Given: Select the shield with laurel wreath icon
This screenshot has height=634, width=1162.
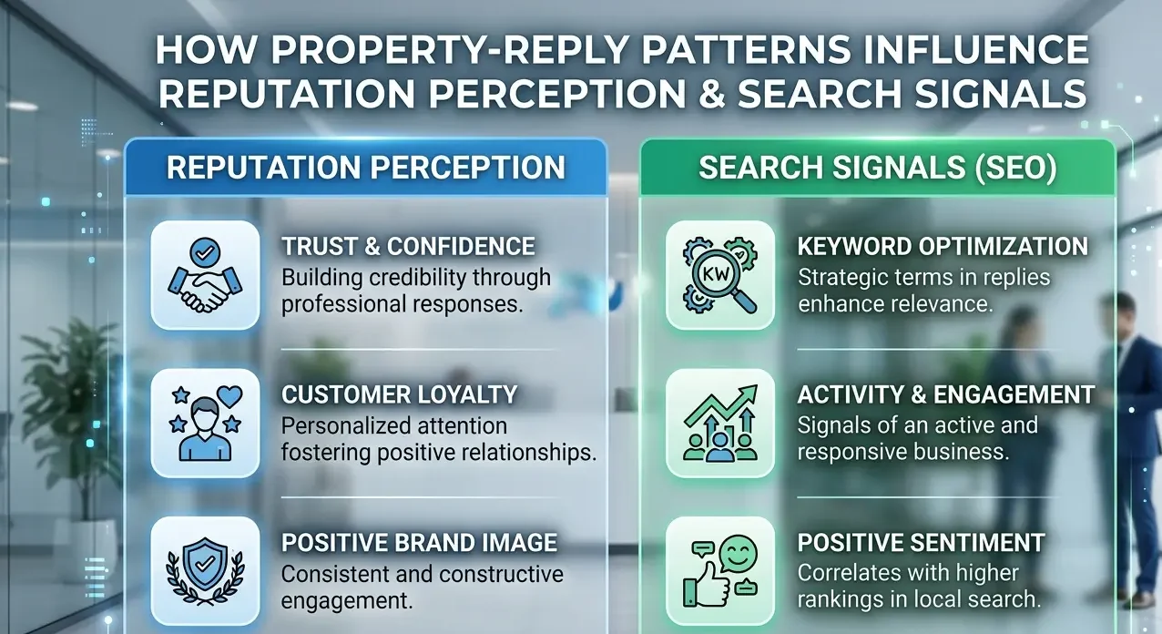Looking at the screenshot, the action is (x=205, y=571).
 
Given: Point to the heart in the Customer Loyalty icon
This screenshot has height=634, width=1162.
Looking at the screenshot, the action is (x=229, y=396).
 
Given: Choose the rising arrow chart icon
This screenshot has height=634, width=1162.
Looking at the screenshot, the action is (x=720, y=424).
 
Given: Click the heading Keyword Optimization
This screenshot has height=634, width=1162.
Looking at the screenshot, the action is (x=943, y=247).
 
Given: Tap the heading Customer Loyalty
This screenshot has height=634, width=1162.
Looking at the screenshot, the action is (x=399, y=394).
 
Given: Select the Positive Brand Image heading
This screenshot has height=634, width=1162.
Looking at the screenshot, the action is (x=419, y=543).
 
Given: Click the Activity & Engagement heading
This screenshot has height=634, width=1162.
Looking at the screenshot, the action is (x=945, y=394).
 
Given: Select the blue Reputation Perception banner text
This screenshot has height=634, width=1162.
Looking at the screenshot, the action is (x=366, y=168).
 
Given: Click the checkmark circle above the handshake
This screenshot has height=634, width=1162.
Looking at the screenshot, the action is (x=205, y=252).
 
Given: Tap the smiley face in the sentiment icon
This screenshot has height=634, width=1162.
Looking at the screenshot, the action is (x=738, y=554).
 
